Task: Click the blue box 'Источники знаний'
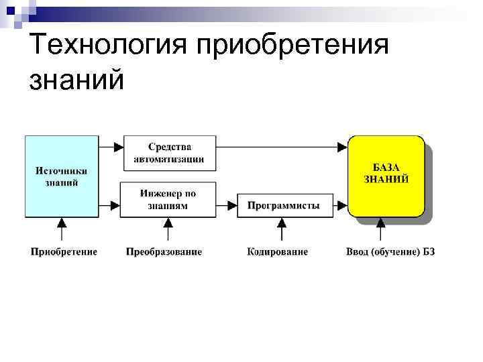[61, 176]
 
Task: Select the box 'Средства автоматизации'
[169, 153]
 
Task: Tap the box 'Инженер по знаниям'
[168, 199]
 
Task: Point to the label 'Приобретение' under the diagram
[64, 252]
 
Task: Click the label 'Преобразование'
[164, 252]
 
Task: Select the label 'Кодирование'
[278, 252]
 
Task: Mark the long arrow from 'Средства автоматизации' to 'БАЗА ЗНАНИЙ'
[282, 145]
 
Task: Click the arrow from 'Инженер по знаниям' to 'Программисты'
[227, 205]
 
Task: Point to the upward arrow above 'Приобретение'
[62, 229]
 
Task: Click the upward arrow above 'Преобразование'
[168, 229]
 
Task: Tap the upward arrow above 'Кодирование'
[282, 229]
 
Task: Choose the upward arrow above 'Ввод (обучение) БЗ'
[382, 229]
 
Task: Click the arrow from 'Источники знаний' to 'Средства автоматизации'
[110, 145]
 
